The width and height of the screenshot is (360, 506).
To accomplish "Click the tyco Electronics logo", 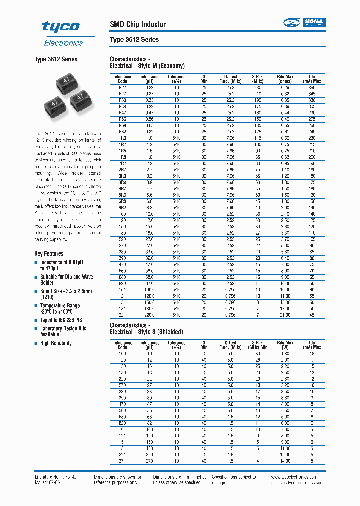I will [x=62, y=33].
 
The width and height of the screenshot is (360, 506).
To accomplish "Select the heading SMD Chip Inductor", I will [x=138, y=24].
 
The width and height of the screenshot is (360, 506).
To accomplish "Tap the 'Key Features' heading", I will [x=49, y=254].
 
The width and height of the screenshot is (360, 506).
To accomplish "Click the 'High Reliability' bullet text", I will [x=56, y=343].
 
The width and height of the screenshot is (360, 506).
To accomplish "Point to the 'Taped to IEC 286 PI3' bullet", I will [x=61, y=320].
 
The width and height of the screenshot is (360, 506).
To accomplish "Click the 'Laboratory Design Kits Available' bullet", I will [x=63, y=331].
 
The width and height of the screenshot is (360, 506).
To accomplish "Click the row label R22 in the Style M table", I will [x=122, y=87].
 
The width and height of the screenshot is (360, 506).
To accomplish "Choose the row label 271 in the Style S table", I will [x=122, y=461].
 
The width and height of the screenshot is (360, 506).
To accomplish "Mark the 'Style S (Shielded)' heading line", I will [x=146, y=332].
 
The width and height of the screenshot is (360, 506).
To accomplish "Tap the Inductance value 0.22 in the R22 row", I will [x=149, y=87].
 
